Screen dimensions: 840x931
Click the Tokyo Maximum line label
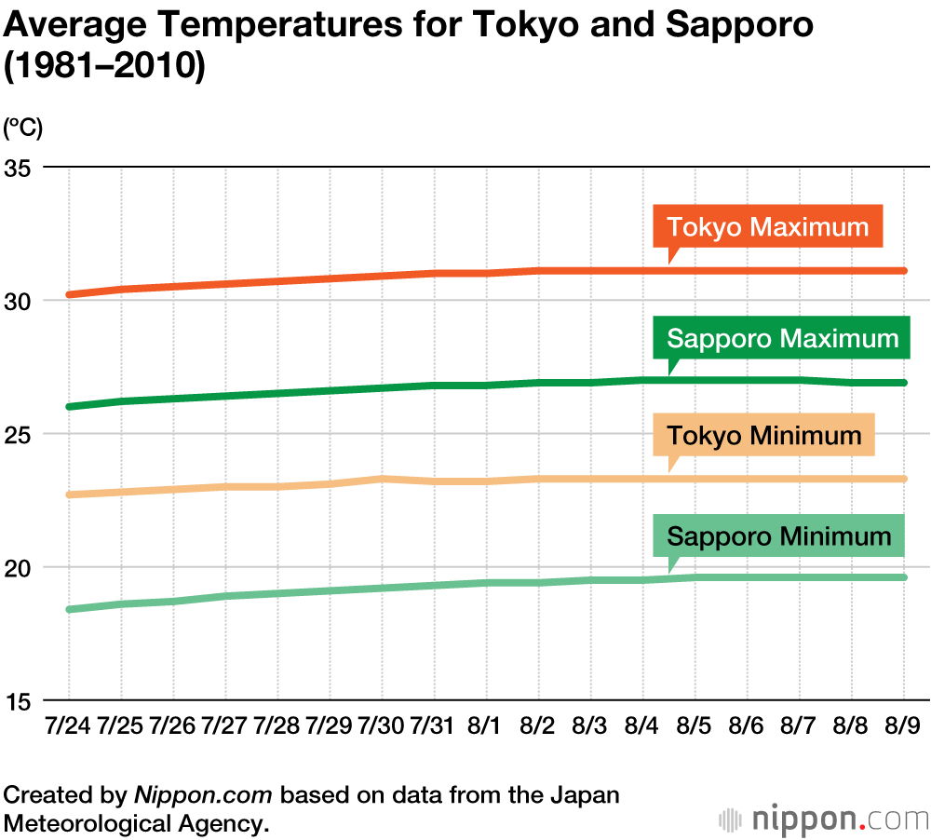767,227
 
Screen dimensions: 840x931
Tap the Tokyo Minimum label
763,436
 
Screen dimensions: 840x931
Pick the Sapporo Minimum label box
778,536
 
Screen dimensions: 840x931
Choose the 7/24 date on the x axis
68,725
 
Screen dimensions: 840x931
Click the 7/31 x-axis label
433,725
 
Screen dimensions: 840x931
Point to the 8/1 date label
485,725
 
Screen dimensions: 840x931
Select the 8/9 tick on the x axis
903,725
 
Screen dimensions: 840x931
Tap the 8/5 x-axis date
695,725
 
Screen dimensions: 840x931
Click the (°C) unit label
23,127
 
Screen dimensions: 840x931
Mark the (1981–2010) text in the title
104,68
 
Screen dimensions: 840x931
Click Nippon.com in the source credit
204,795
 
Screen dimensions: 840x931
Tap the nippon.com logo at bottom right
824,820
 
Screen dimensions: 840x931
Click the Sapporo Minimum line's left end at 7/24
70,609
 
